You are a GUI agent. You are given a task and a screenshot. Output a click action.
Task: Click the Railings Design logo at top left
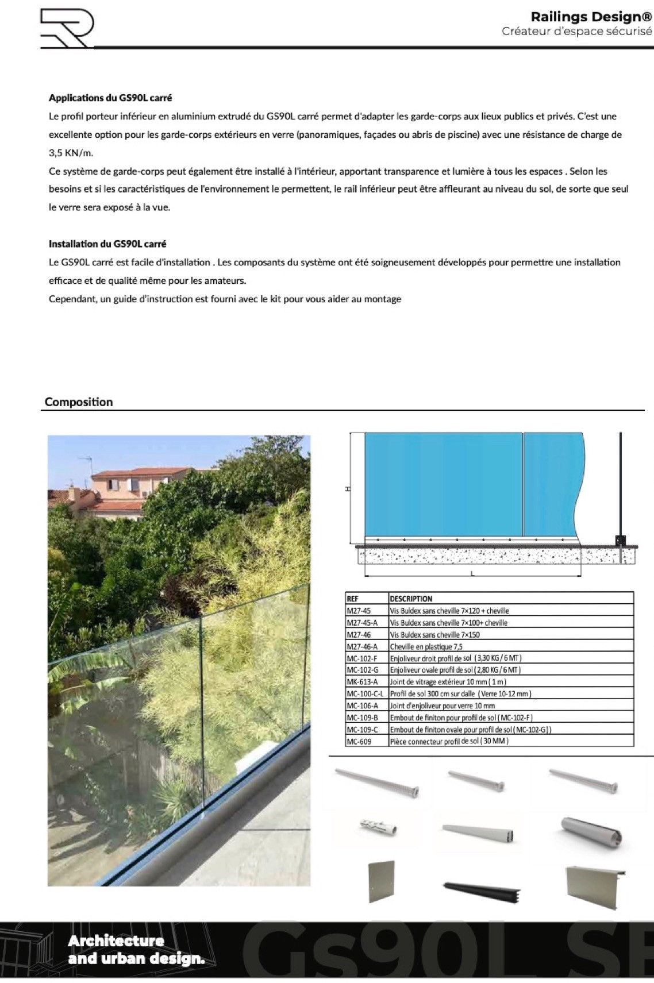pyautogui.click(x=66, y=28)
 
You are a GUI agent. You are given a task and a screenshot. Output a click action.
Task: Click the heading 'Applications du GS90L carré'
pyautogui.click(x=110, y=98)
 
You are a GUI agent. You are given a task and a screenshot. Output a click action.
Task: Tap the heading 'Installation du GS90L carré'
pyautogui.click(x=107, y=244)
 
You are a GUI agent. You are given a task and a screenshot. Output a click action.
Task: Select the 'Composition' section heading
pyautogui.click(x=79, y=402)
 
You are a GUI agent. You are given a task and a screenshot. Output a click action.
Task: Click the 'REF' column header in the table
pyautogui.click(x=353, y=598)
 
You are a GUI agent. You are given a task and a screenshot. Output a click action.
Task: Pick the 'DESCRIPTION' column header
pyautogui.click(x=411, y=598)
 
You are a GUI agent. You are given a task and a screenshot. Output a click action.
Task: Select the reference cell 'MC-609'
pyautogui.click(x=359, y=741)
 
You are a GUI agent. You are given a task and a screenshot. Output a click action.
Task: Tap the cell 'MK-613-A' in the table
pyautogui.click(x=362, y=682)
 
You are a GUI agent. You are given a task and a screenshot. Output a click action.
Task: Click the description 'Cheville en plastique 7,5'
pyautogui.click(x=426, y=646)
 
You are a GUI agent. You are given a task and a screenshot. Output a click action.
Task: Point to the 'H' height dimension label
pyautogui.click(x=347, y=489)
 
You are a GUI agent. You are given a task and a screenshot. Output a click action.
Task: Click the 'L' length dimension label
pyautogui.click(x=472, y=576)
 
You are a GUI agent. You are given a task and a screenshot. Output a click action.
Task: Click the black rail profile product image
pyautogui.click(x=482, y=890)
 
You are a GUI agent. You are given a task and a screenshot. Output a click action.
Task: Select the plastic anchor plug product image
pyautogui.click(x=378, y=828)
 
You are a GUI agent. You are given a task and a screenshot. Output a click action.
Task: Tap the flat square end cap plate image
pyautogui.click(x=381, y=881)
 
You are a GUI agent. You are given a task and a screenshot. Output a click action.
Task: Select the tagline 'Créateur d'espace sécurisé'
pyautogui.click(x=577, y=31)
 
